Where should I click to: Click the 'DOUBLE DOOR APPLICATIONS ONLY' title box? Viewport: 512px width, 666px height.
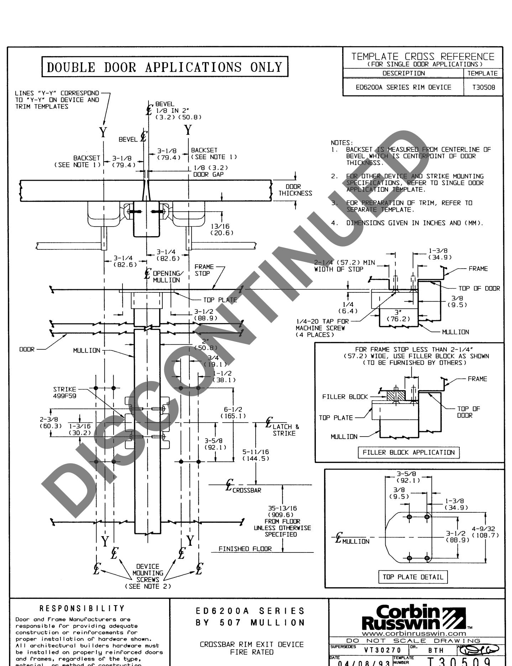[x=164, y=67]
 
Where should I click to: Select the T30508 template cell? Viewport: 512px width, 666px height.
[x=483, y=87]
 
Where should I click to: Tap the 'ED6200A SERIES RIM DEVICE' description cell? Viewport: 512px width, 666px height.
[x=403, y=87]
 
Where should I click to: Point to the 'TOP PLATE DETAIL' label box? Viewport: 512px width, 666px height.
[x=413, y=577]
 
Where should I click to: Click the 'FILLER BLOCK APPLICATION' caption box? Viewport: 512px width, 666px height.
[x=408, y=453]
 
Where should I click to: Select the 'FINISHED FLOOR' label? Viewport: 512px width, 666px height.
[x=245, y=549]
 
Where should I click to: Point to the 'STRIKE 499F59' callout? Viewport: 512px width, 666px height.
[x=64, y=392]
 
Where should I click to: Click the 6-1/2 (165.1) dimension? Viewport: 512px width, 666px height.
[x=233, y=412]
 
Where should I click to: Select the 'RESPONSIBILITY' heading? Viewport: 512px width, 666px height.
[x=83, y=608]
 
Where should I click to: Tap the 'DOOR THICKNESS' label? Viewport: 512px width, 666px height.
[x=295, y=190]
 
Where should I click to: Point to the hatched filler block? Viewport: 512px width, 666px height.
[x=395, y=396]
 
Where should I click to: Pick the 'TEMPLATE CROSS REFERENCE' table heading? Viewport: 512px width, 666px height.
[x=423, y=57]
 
